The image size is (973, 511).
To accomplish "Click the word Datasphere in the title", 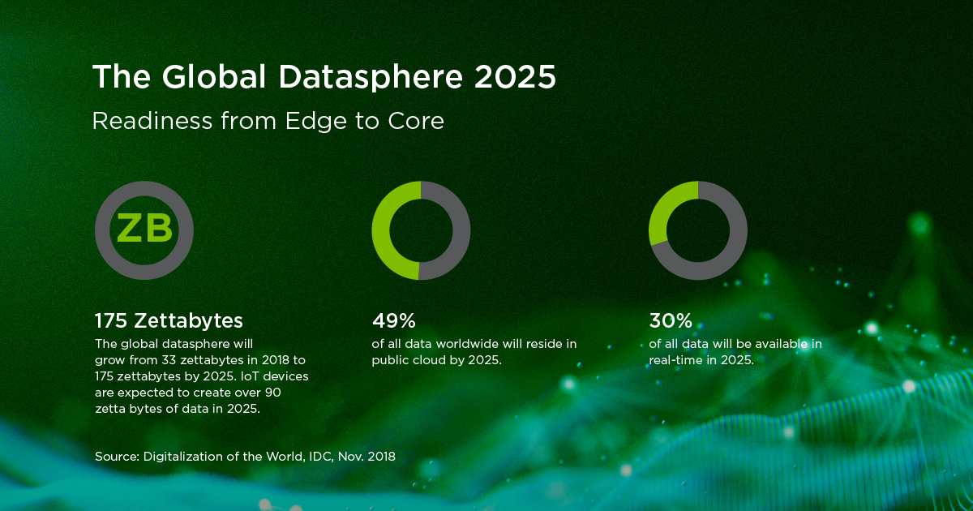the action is tap(371, 78).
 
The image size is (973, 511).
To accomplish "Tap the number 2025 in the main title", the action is tap(515, 77).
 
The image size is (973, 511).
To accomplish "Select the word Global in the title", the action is tap(213, 76).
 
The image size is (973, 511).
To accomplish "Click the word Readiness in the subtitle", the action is tap(152, 120).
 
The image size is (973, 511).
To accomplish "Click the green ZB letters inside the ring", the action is tap(144, 228).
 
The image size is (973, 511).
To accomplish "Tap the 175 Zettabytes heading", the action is tap(169, 320).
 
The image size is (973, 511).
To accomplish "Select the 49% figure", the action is tap(393, 320).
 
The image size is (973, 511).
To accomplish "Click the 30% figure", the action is tap(671, 320).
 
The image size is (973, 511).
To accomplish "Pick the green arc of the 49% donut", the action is tap(380, 230).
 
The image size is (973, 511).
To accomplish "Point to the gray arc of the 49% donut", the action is tap(461, 230).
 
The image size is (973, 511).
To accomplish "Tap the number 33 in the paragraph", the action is tap(169, 360).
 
